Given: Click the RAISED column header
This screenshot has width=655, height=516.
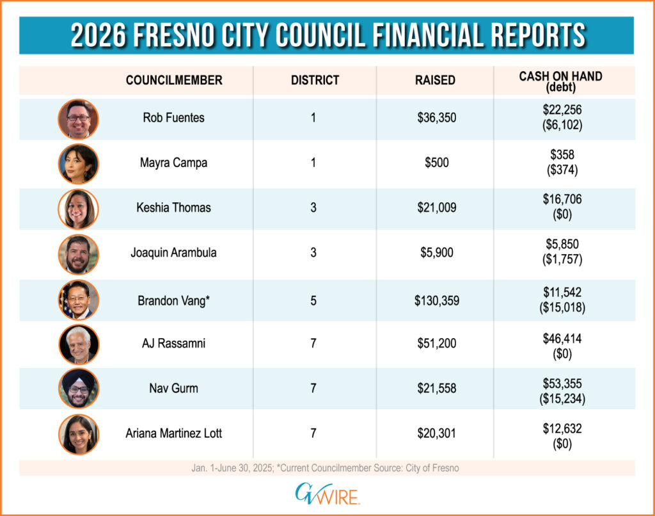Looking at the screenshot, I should coord(435,81).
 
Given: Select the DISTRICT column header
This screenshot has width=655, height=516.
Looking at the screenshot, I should coord(315,81).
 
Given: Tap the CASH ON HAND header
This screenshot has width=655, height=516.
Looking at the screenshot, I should coord(560,76).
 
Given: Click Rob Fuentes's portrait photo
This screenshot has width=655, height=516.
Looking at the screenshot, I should coord(78,118).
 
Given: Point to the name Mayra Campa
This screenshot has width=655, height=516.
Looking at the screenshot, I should coord(173,163).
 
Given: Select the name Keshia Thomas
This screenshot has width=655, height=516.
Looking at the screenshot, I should coord(173,208).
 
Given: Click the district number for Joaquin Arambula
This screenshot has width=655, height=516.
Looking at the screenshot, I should coord(313,253).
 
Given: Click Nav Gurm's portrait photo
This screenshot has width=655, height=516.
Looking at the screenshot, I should coord(78,389).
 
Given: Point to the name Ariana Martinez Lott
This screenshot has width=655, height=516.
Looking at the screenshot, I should coord(173,433).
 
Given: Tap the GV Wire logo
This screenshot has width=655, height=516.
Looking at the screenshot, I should coord(327,494).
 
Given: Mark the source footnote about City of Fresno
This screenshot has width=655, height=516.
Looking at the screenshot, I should coord(327,468).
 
